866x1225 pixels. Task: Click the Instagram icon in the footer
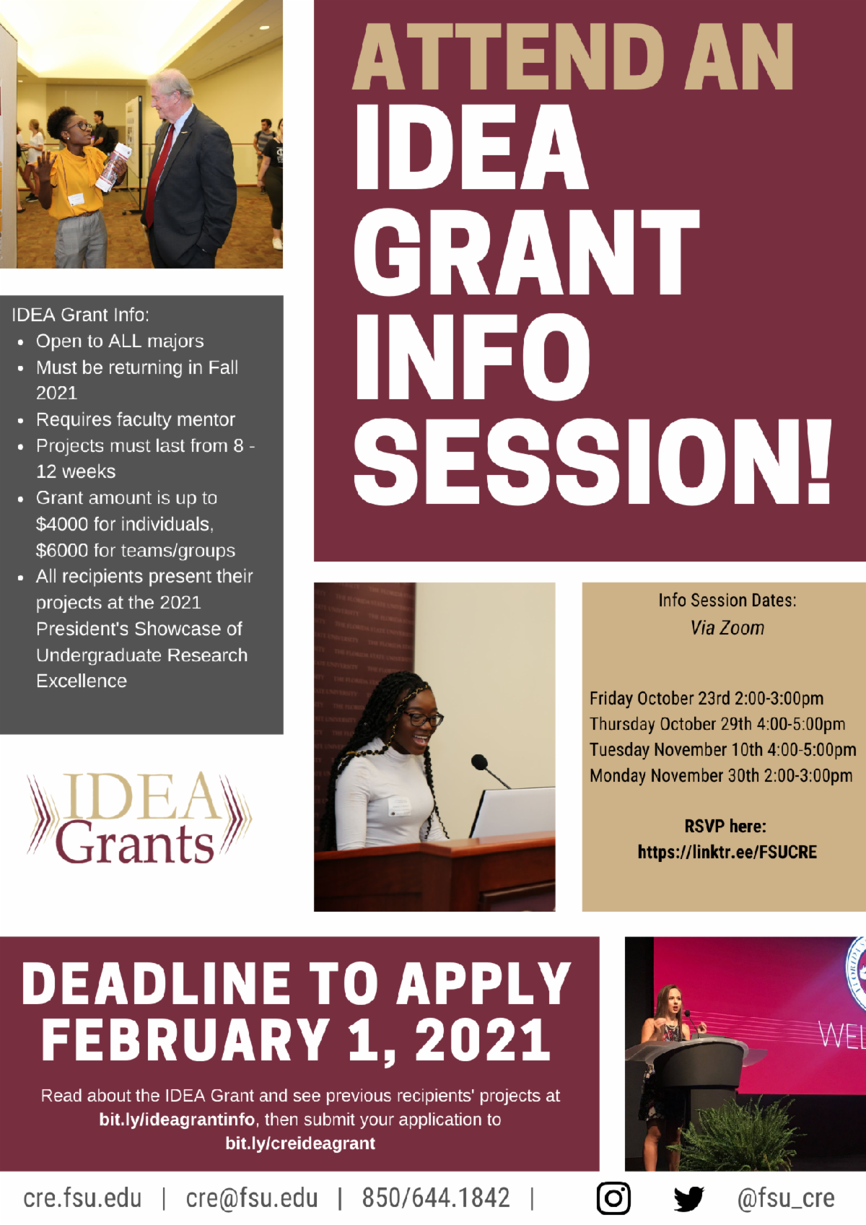point(613,1198)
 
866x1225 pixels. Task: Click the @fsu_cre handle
point(786,1198)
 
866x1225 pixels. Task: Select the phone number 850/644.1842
point(436,1198)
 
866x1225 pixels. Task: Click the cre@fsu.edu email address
point(251,1198)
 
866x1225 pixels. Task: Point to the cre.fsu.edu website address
point(82,1198)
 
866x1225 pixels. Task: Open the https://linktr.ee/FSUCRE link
point(727,852)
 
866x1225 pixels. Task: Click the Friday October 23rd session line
point(707,698)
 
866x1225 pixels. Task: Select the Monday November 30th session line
point(721,775)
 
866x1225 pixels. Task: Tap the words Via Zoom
point(727,628)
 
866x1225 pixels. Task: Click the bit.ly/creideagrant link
point(300,1143)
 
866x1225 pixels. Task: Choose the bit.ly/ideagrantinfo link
point(177,1119)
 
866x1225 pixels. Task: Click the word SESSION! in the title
point(592,462)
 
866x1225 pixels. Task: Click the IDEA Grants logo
point(139,818)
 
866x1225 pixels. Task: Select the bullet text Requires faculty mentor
point(136,419)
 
